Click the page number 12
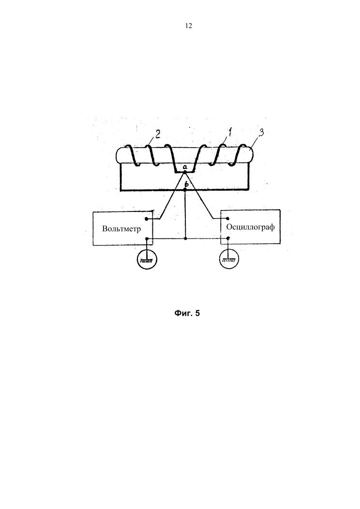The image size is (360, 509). pos(189,26)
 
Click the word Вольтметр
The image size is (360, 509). pos(121,228)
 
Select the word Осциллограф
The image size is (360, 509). pos(250,226)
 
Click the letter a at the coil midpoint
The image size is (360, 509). pos(185,167)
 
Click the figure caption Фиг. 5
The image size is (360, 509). pos(187,313)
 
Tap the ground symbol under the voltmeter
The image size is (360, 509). pos(147,259)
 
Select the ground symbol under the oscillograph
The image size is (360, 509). pos(229,259)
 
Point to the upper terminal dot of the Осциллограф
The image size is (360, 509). pos(228,219)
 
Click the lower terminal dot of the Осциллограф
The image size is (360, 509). pos(228,238)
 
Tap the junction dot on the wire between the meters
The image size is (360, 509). pos(186,239)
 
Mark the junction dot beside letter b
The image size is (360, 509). pos(186,190)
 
